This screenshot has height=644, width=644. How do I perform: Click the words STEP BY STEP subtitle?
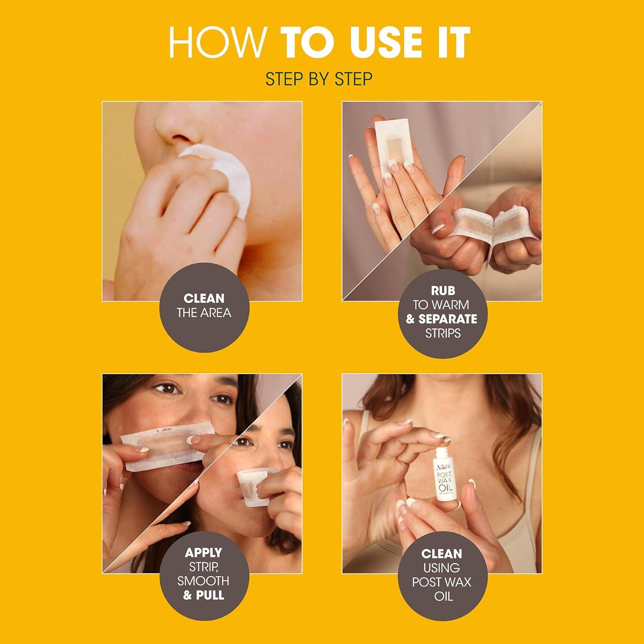tap(319, 79)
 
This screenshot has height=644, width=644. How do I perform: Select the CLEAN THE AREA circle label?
tap(204, 305)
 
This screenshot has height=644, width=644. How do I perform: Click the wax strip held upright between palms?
tap(390, 146)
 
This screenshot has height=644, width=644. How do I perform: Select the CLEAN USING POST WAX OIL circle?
tap(442, 574)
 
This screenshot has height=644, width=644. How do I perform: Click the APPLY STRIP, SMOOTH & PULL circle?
tap(204, 574)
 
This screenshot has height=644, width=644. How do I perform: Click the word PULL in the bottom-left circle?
tap(210, 595)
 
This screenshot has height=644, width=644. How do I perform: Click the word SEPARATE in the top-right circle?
tap(447, 319)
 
